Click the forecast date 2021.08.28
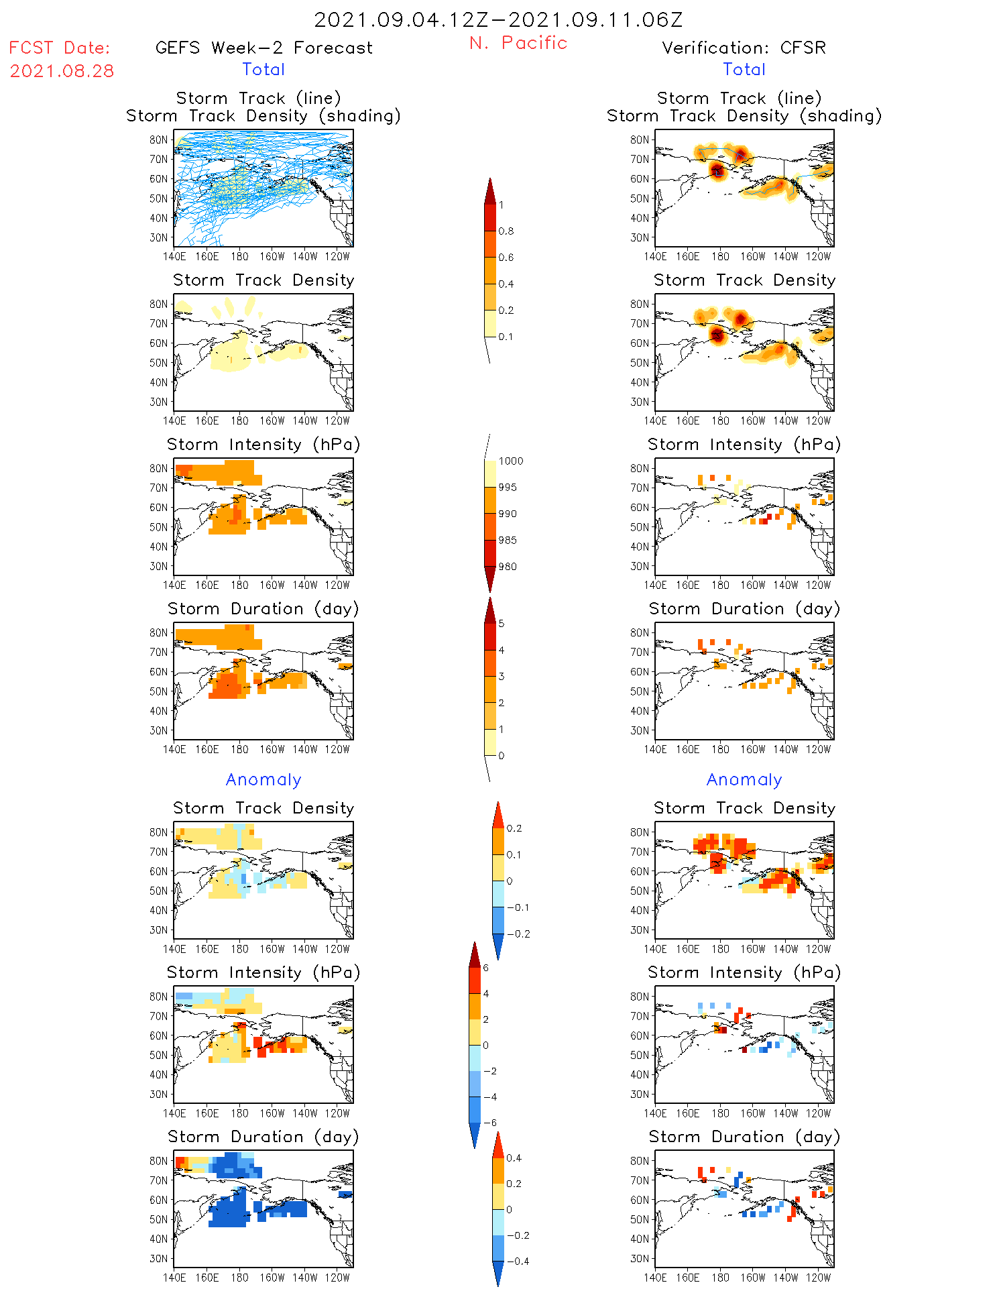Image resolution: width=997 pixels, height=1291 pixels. coord(62,71)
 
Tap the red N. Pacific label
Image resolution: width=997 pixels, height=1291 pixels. coord(518,43)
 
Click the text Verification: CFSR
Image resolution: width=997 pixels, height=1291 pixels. coord(744,48)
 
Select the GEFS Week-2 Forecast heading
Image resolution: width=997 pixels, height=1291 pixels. coord(263,48)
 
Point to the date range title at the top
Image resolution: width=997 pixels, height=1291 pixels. coord(498,19)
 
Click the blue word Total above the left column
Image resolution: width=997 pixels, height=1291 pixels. coord(263,69)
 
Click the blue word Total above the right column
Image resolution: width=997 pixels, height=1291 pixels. coord(744,69)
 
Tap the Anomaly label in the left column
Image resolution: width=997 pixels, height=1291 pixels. coord(263,779)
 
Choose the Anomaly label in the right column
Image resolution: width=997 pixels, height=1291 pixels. coord(744,779)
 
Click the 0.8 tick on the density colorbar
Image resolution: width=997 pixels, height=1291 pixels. coord(506,231)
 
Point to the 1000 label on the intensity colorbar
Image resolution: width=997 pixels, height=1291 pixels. coord(510,461)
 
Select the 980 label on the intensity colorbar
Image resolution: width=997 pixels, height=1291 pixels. coord(508,567)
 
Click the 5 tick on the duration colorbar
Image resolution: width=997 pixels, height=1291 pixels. coord(502,624)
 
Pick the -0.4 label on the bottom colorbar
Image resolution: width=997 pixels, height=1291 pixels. coord(517,1261)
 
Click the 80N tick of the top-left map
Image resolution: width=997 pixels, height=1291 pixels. coord(159,139)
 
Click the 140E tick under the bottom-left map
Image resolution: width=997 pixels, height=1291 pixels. coord(174,1278)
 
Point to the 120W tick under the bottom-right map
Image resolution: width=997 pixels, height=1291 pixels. coord(818,1278)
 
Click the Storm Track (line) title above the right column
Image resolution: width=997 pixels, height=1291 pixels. coord(739,98)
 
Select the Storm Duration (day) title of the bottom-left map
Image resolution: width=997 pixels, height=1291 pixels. coord(263,1137)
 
